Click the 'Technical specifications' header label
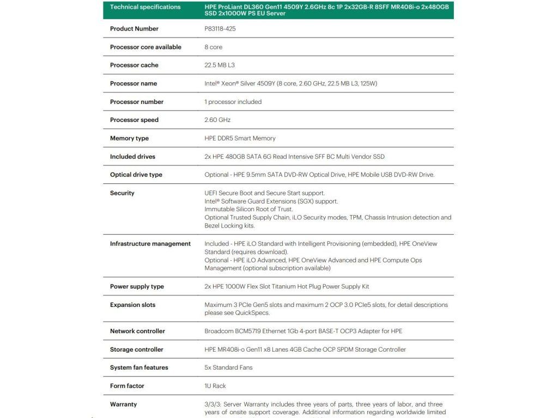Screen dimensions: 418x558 point(145,7)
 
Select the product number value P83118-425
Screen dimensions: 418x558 point(220,29)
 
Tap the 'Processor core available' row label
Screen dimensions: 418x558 point(145,47)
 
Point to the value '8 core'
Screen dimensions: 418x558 point(213,47)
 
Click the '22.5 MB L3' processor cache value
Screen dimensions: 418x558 point(220,65)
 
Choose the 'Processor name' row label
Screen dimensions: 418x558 point(133,84)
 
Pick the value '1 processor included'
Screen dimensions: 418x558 point(233,102)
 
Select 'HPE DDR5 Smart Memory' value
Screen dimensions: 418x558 point(240,138)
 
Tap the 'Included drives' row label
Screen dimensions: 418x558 point(132,157)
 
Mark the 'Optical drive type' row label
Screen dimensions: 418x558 point(136,175)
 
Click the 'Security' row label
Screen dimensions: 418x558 point(122,193)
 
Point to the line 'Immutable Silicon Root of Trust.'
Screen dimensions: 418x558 point(248,209)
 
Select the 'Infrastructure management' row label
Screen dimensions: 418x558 point(150,244)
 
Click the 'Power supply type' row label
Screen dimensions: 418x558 point(137,287)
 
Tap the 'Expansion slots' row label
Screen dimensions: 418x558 point(132,305)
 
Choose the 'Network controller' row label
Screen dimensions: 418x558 point(137,331)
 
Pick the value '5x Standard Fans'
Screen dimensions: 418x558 point(228,367)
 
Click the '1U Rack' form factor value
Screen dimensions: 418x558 point(215,386)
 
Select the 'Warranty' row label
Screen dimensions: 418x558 point(123,404)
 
